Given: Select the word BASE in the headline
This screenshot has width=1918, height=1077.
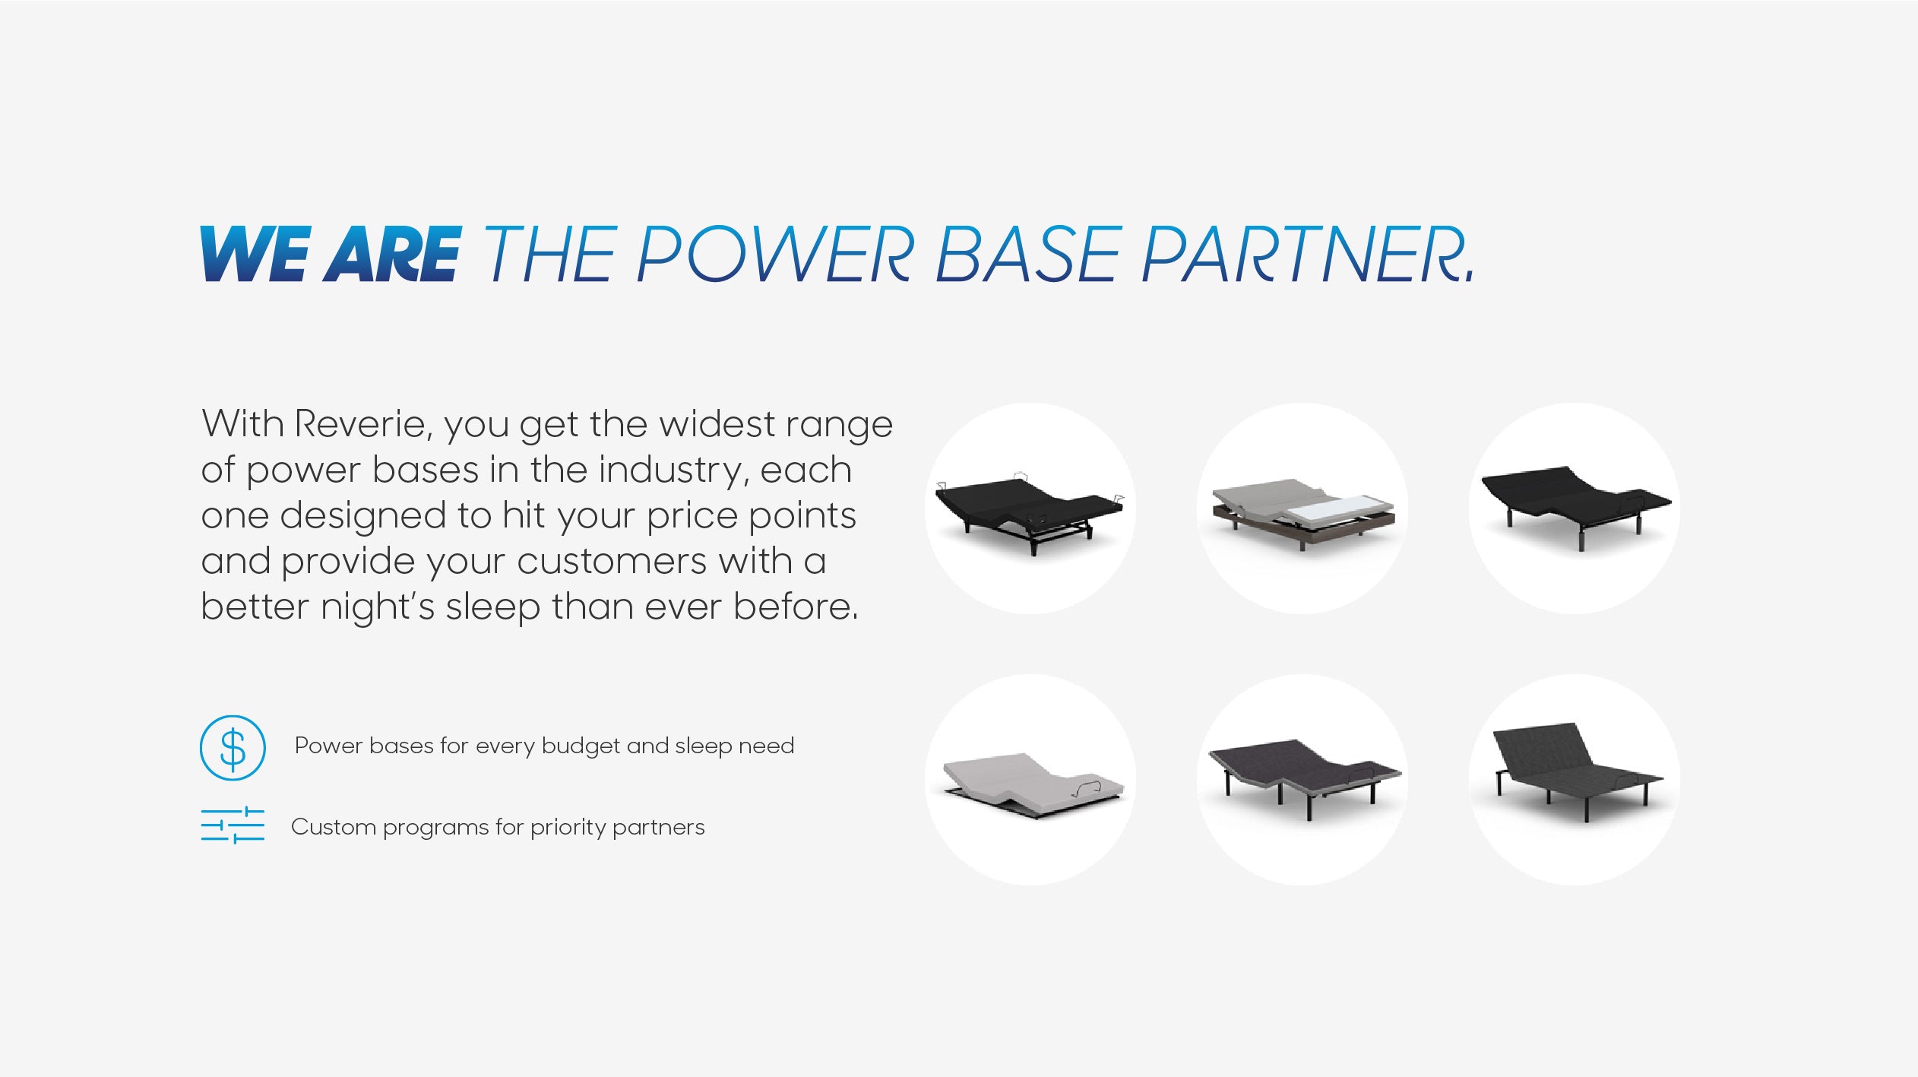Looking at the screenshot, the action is (1028, 254).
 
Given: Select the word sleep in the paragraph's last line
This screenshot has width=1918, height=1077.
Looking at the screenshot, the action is (492, 607).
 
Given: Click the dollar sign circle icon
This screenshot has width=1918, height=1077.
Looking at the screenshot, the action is (233, 747).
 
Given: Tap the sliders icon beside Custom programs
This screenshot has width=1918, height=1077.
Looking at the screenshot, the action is (233, 825).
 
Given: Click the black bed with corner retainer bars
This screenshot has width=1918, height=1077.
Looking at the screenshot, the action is (1029, 512).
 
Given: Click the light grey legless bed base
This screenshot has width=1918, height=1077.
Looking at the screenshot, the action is (1032, 785).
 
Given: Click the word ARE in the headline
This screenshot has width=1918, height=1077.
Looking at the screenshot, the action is (393, 254).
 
